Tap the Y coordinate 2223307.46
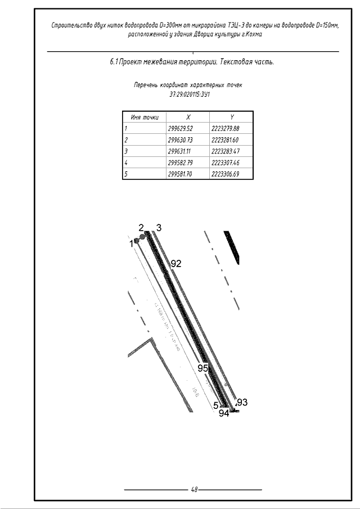point(225,163)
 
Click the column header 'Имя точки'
point(144,117)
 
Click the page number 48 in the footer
point(194,489)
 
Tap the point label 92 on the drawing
point(176,263)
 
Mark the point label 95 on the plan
point(202,367)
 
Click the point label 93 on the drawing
point(242,403)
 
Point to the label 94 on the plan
point(224,413)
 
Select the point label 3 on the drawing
point(159,227)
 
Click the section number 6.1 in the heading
point(114,62)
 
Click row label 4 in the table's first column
point(127,163)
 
